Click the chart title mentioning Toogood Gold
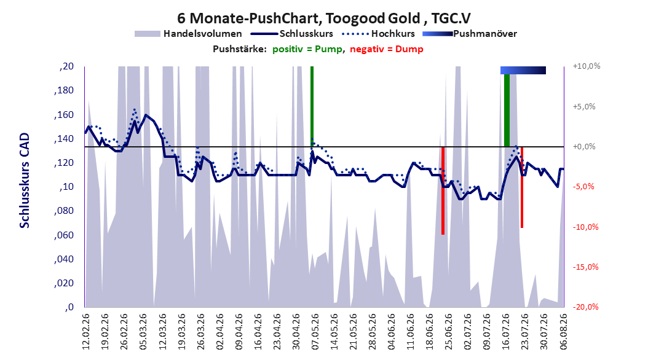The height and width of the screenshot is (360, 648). click(323, 18)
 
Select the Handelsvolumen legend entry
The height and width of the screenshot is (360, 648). click(189, 34)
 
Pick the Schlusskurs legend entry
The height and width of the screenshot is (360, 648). click(292, 34)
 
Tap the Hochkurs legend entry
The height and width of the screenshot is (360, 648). click(378, 34)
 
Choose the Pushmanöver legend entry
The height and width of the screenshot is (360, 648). click(470, 34)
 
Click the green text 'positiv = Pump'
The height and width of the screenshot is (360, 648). click(307, 49)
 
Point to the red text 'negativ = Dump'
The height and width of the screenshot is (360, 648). click(387, 49)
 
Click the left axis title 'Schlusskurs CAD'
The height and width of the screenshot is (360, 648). click(25, 181)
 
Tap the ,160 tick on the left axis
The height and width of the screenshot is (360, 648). click(64, 114)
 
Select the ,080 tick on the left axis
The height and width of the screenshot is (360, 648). click(64, 211)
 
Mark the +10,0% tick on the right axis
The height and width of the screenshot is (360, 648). click(587, 66)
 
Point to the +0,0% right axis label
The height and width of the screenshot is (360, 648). click(584, 147)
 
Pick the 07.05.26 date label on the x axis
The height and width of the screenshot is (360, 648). click(315, 332)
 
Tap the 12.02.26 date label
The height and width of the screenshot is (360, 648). click(86, 332)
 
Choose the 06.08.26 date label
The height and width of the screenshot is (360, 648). click(563, 332)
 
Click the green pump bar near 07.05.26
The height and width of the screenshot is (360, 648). click(312, 106)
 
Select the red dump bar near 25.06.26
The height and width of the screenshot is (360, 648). click(443, 190)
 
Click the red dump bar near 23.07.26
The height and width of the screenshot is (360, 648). click(522, 187)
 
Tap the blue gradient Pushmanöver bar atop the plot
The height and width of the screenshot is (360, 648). click(523, 70)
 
